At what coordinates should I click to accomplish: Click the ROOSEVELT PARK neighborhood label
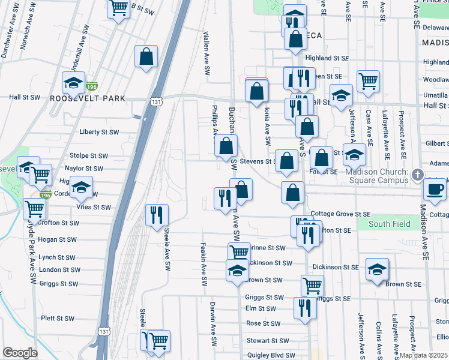[x=88, y=98]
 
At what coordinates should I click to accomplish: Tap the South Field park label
[x=390, y=224]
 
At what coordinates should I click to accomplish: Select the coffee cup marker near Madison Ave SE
[x=435, y=189]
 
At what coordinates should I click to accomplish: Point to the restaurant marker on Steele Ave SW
[x=157, y=214]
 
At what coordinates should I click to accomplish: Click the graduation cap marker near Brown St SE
[x=376, y=269]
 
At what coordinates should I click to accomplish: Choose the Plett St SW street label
[x=57, y=318]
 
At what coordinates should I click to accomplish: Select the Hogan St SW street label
[x=57, y=239]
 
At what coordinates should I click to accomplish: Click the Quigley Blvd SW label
[x=271, y=355]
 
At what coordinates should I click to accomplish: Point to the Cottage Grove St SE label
[x=339, y=214]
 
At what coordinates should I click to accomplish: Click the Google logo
[x=20, y=353]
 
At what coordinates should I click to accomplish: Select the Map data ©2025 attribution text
[x=423, y=355]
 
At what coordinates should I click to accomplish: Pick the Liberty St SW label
[x=99, y=132]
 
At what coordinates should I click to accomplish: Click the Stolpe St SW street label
[x=87, y=155]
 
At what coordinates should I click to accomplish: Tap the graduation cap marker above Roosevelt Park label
[x=74, y=82]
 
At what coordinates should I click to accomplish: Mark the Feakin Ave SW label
[x=204, y=266]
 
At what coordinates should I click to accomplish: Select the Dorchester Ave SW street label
[x=8, y=39]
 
